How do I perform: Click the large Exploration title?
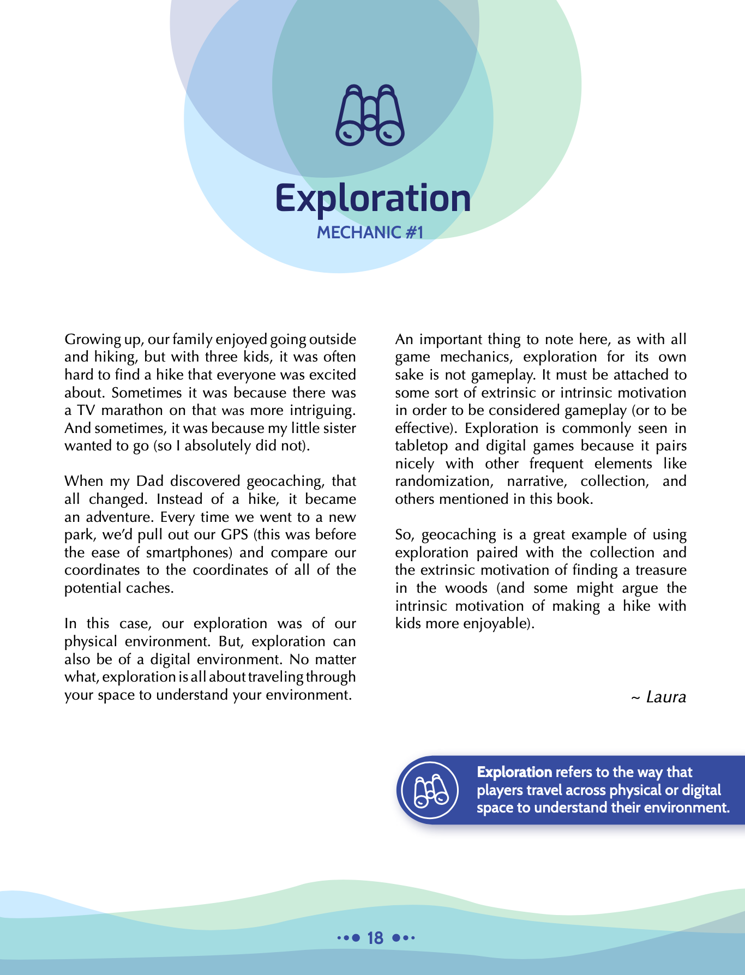click(x=372, y=198)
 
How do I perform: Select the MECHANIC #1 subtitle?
click(x=370, y=232)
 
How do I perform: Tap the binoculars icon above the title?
click(x=370, y=115)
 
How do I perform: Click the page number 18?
click(x=375, y=938)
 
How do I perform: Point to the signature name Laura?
click(x=665, y=697)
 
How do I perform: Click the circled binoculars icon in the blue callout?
click(x=430, y=790)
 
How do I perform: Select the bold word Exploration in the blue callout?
click(x=514, y=772)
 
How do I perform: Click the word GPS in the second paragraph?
click(x=235, y=534)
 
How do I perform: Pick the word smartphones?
click(x=189, y=552)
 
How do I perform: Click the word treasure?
click(x=661, y=570)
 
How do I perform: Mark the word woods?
click(x=466, y=588)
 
